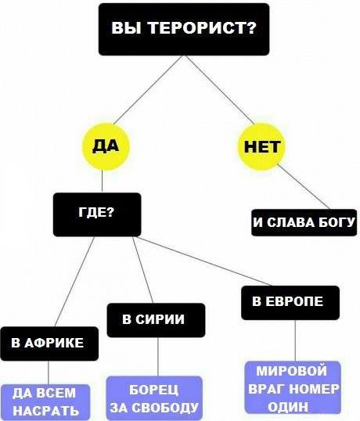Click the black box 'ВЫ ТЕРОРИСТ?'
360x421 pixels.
(184, 29)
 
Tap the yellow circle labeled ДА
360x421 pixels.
(106, 146)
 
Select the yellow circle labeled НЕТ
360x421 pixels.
(261, 146)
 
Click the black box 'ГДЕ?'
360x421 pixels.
(97, 214)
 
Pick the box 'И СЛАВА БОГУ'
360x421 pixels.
(304, 222)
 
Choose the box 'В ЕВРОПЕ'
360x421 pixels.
(290, 303)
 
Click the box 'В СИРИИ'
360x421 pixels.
(156, 320)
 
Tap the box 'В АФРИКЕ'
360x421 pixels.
(49, 344)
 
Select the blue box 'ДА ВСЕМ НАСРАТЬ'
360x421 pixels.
(45, 402)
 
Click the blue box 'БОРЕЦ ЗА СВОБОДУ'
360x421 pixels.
(154, 398)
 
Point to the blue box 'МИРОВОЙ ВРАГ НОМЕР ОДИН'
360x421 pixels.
(293, 387)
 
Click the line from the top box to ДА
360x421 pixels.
(147, 90)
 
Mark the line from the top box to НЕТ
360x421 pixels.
(220, 90)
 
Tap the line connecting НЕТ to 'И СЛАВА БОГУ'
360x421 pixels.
(304, 186)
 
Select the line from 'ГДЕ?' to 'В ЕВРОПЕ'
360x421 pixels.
(203, 261)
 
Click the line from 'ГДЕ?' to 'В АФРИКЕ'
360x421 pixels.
(74, 282)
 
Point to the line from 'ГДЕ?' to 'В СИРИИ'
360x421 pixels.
(142, 270)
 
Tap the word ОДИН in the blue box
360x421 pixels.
(288, 406)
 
